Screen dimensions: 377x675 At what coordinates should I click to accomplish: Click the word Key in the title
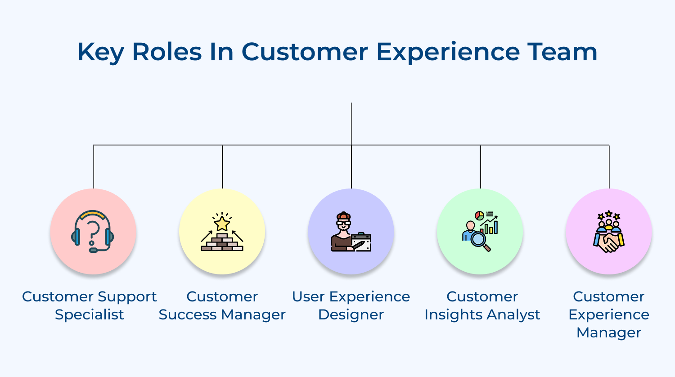tap(100, 52)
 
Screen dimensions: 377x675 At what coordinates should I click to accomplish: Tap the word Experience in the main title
tap(448, 52)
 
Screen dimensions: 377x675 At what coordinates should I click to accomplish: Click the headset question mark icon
tap(93, 231)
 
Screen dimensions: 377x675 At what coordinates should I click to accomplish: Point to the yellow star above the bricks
tap(222, 223)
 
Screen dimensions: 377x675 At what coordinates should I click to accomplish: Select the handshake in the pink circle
tap(608, 243)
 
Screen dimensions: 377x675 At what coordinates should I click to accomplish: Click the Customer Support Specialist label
tap(89, 305)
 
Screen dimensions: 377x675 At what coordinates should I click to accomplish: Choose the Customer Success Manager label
tap(222, 305)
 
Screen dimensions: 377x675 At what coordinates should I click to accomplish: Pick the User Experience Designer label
tap(351, 305)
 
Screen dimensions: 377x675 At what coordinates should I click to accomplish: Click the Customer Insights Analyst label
tap(482, 305)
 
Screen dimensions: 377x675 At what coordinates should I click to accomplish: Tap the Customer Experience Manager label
tap(609, 314)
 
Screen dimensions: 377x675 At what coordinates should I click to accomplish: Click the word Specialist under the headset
tap(89, 314)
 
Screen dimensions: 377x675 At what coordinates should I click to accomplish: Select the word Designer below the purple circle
tap(351, 314)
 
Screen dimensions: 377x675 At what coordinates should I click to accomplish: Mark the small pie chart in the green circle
tap(480, 215)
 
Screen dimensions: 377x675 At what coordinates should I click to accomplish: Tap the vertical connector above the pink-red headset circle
tap(94, 166)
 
